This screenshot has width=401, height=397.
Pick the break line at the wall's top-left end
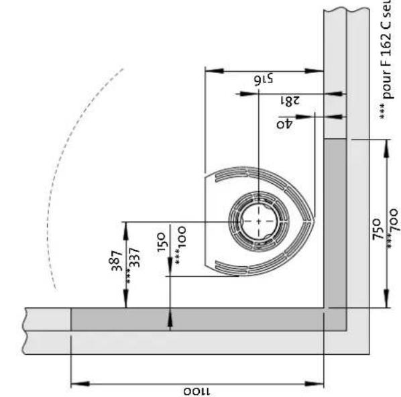tap(27, 330)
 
